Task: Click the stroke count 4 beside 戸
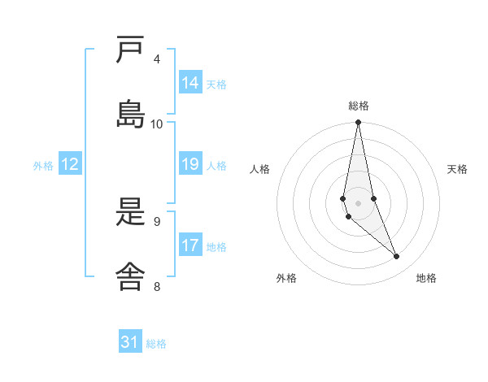tap(157, 59)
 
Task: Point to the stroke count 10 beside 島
tap(157, 124)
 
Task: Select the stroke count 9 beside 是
tap(157, 221)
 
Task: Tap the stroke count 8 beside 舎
tap(157, 285)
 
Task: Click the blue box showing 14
tap(190, 83)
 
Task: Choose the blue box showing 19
tap(190, 164)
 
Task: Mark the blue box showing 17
tap(190, 245)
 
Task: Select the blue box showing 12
tap(70, 164)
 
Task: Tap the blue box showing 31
tap(130, 342)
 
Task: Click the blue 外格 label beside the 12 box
tap(43, 166)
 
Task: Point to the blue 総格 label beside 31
tap(156, 344)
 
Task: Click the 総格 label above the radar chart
tap(358, 106)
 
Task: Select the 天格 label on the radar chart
tap(457, 169)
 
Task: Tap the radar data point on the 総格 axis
tap(358, 123)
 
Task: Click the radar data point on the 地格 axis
tap(397, 257)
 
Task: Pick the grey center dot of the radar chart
tap(358, 202)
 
